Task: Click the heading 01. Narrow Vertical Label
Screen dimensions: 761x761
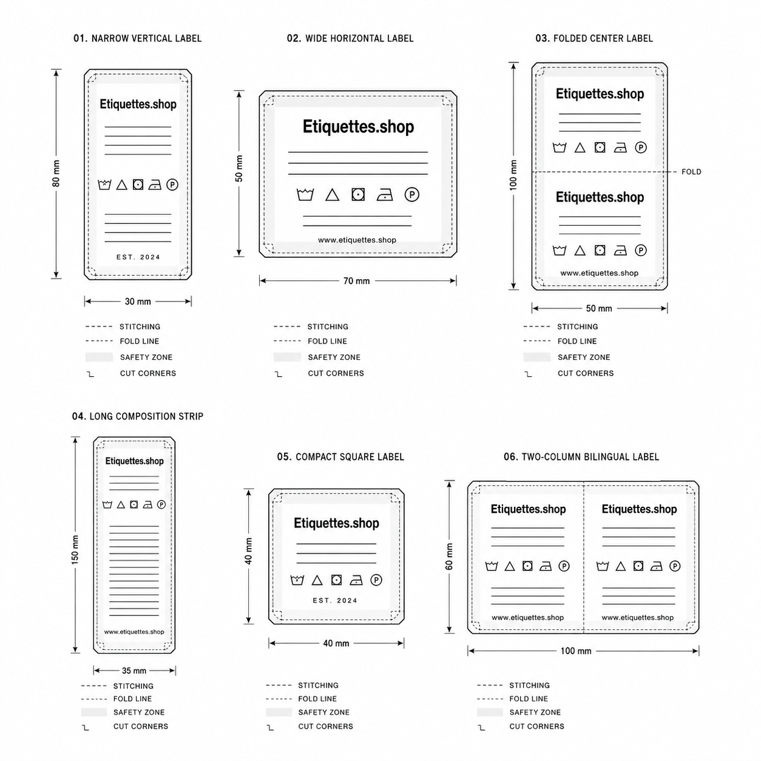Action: [x=137, y=38]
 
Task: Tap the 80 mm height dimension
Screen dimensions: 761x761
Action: [x=56, y=174]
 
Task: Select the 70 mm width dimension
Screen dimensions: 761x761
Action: [x=357, y=281]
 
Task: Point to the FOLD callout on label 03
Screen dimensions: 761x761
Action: [x=691, y=172]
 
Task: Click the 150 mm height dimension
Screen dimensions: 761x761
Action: [x=75, y=549]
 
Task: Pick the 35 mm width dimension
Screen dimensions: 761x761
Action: [x=134, y=671]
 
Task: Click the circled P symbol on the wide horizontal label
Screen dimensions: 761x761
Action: [x=412, y=194]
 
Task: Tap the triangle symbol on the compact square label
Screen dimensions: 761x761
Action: [x=317, y=580]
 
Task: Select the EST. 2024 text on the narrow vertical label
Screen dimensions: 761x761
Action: [x=138, y=257]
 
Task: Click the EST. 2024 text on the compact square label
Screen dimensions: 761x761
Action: [x=335, y=601]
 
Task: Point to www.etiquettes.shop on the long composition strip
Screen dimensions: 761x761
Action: [x=134, y=632]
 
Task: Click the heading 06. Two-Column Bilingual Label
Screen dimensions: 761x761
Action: [x=581, y=457]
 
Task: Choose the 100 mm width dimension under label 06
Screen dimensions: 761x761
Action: [x=576, y=651]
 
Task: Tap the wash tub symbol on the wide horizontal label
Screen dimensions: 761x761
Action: [x=305, y=195]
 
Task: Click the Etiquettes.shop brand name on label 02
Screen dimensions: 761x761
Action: [x=358, y=127]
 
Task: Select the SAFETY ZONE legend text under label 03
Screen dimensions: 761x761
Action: [x=584, y=357]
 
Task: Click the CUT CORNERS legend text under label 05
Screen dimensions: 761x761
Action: [x=325, y=726]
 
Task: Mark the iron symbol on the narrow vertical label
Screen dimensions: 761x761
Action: [x=155, y=185]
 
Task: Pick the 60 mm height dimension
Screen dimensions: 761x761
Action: [x=449, y=557]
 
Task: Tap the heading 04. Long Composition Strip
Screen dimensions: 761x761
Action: [x=137, y=416]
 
